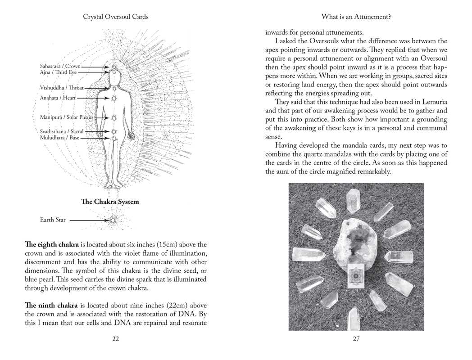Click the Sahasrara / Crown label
60,67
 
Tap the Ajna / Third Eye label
58,72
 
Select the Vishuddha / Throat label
62,88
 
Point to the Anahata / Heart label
58,98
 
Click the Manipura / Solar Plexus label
66,117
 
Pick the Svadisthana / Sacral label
62,131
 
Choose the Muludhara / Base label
59,138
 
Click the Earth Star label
53,220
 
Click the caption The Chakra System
110,202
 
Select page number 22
115,339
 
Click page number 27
356,339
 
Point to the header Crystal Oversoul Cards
116,17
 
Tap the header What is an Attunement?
356,17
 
